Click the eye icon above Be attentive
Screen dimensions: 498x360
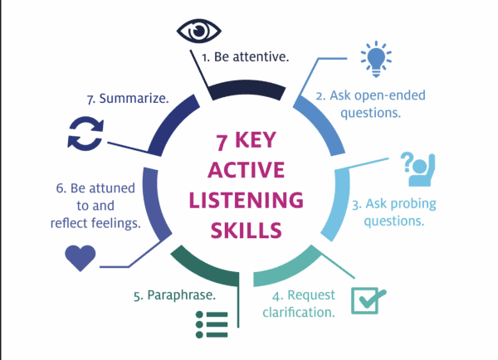tap(199, 32)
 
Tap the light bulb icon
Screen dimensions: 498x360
tap(376, 59)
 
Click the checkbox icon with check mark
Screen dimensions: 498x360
tap(369, 300)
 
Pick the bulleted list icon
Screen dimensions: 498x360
tap(212, 324)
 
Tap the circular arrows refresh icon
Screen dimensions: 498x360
tap(85, 134)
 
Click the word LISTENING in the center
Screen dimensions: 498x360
tap(247, 200)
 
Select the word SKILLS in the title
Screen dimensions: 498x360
tap(247, 231)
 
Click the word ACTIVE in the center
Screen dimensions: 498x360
tap(247, 170)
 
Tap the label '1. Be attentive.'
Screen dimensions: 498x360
tap(245, 57)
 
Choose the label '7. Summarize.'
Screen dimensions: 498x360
tap(128, 99)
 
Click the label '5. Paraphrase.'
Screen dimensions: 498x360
tap(174, 295)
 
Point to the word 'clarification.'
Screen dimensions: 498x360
tap(299, 313)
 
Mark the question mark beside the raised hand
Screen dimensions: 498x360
tap(407, 162)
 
